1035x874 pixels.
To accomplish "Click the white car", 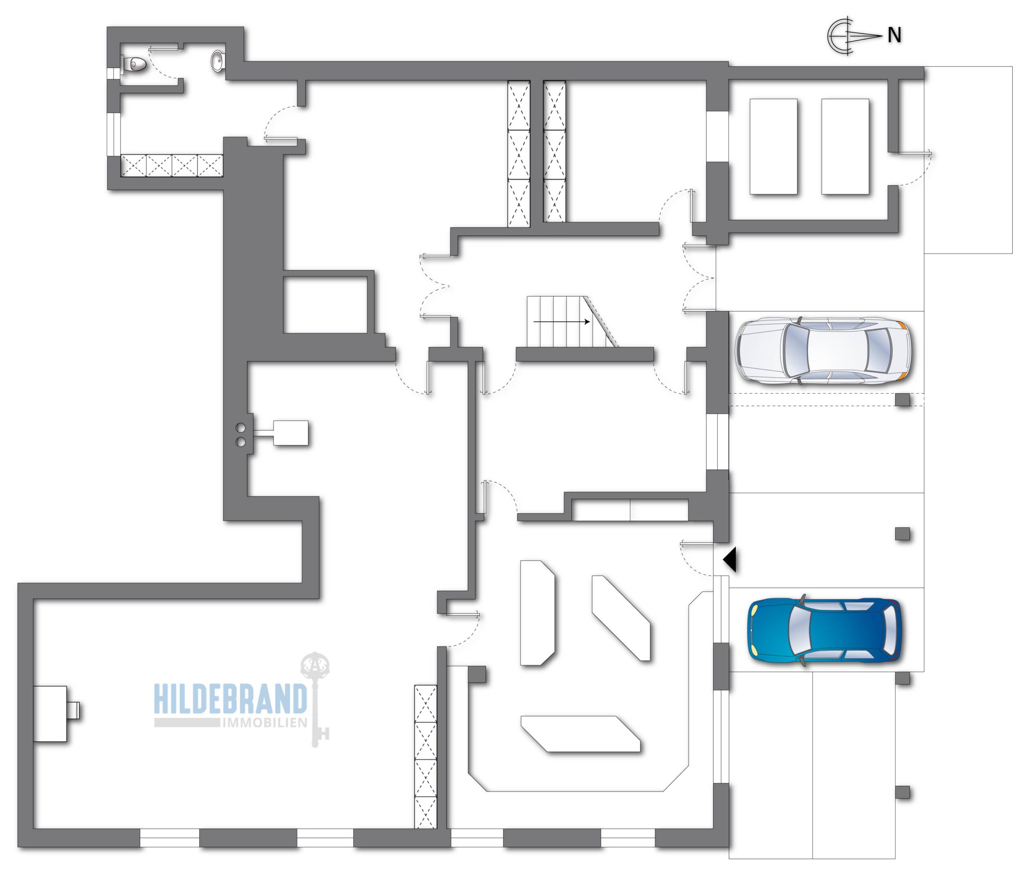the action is tap(822, 351).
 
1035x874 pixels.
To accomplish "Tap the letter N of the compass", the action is tap(894, 35).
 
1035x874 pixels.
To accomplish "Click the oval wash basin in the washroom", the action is tap(218, 61).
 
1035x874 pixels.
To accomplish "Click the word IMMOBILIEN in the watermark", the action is tap(265, 723).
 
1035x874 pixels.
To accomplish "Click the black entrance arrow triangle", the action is tap(731, 560).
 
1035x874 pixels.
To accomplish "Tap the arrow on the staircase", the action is tap(562, 322).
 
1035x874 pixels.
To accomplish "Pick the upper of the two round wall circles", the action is tap(241, 428).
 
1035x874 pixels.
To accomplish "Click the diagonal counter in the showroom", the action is tap(621, 618).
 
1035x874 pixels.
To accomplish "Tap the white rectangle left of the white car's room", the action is tap(773, 147).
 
